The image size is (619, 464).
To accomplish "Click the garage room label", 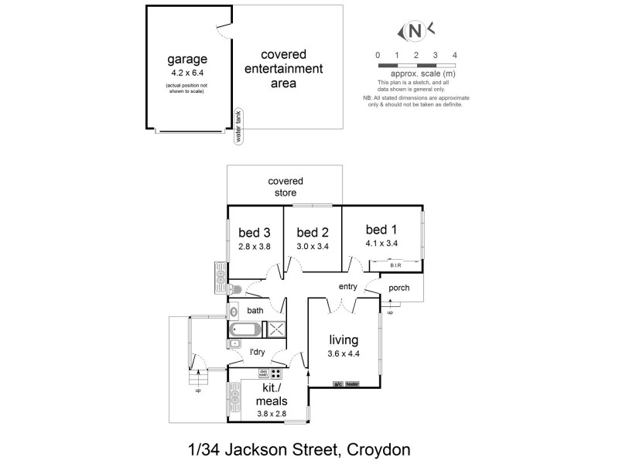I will pyautogui.click(x=187, y=59).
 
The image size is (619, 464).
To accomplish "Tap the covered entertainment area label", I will pyautogui.click(x=283, y=68).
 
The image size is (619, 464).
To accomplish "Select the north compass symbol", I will pyautogui.click(x=416, y=32).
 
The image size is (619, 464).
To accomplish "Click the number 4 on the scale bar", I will pyautogui.click(x=455, y=54).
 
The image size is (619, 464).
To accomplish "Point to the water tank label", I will pyautogui.click(x=239, y=126).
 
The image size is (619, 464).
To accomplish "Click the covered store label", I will pyautogui.click(x=285, y=186).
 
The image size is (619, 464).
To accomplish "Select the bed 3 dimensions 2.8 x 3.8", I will pyautogui.click(x=254, y=247).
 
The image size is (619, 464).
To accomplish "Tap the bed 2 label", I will pyautogui.click(x=313, y=232).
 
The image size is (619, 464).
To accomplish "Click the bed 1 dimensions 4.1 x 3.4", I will pyautogui.click(x=381, y=243).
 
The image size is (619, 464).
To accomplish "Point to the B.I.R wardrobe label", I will pyautogui.click(x=395, y=266).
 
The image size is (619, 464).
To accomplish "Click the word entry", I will pyautogui.click(x=347, y=287).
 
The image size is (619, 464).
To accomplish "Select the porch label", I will pyautogui.click(x=399, y=288).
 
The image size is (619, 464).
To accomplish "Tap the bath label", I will pyautogui.click(x=255, y=311).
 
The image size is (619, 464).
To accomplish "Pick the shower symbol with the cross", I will pyautogui.click(x=276, y=330).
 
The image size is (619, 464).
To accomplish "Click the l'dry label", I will pyautogui.click(x=257, y=352).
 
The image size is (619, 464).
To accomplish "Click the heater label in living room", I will pyautogui.click(x=353, y=384).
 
